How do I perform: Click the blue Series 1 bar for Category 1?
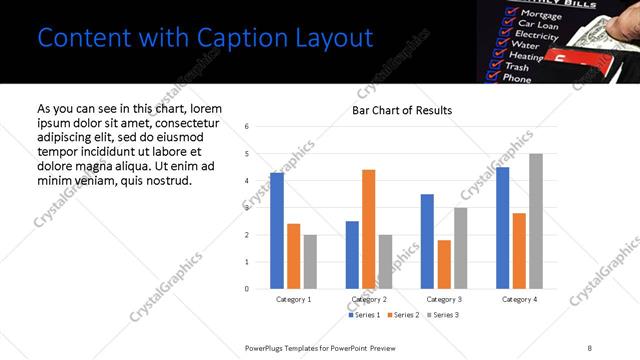[277, 231]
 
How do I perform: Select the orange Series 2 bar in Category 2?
[369, 229]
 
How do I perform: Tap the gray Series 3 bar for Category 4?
[536, 221]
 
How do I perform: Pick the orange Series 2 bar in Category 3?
[444, 264]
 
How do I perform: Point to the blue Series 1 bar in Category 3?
[427, 241]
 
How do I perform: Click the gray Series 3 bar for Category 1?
[310, 262]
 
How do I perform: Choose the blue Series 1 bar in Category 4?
[502, 228]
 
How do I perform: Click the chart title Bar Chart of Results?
[402, 110]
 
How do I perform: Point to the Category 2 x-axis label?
[370, 299]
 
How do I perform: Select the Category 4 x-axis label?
[519, 299]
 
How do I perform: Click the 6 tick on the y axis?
[247, 127]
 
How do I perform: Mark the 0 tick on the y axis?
[247, 289]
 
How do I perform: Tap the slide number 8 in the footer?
[590, 347]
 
